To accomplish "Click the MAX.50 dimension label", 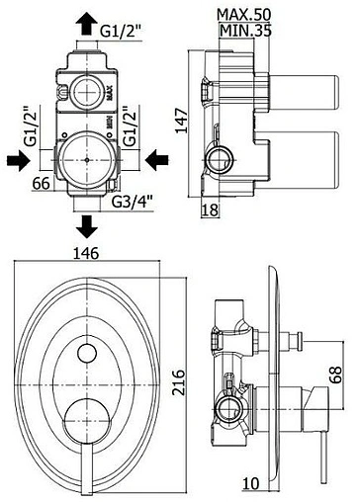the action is (x=244, y=15).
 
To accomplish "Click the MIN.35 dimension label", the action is (x=245, y=31).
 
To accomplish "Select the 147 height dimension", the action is (x=181, y=121).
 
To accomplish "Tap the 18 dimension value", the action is (x=210, y=209).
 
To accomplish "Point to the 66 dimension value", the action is (x=42, y=183).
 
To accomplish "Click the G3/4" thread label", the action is (x=133, y=202).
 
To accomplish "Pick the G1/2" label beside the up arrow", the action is (x=121, y=31).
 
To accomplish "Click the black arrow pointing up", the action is (x=87, y=23).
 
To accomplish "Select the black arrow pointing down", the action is (x=87, y=226).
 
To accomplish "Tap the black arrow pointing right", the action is (x=19, y=160).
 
